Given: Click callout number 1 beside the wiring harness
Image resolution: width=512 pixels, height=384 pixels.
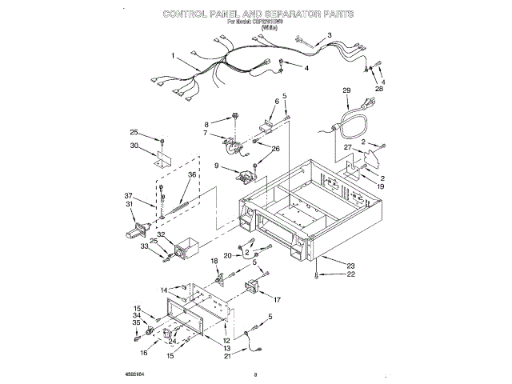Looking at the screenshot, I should click(173, 55).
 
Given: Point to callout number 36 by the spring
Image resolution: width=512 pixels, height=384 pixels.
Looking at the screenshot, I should click(191, 175).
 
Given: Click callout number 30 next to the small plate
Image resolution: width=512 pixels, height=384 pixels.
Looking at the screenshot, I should click(134, 146).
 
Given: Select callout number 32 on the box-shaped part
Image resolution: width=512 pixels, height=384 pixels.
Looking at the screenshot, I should click(159, 235).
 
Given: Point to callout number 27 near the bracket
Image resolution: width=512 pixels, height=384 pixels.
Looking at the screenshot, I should click(347, 149).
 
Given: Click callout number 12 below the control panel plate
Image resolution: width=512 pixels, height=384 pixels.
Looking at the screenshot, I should click(226, 340).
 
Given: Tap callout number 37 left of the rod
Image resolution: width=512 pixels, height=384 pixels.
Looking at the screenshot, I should click(129, 196).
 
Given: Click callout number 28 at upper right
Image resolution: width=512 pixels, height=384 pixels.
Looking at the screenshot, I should click(379, 90).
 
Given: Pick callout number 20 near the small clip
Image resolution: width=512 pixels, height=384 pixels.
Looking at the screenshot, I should click(227, 255).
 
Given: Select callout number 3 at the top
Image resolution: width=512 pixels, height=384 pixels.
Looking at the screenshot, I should click(329, 35).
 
